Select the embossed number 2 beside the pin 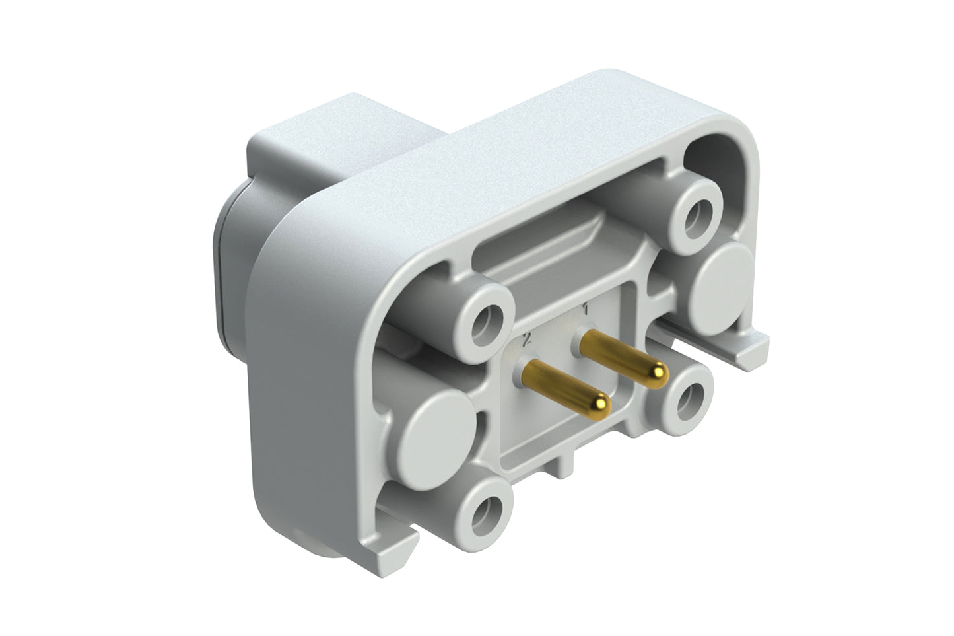pyautogui.click(x=526, y=339)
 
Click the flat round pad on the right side pyautogui.click(x=726, y=275)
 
